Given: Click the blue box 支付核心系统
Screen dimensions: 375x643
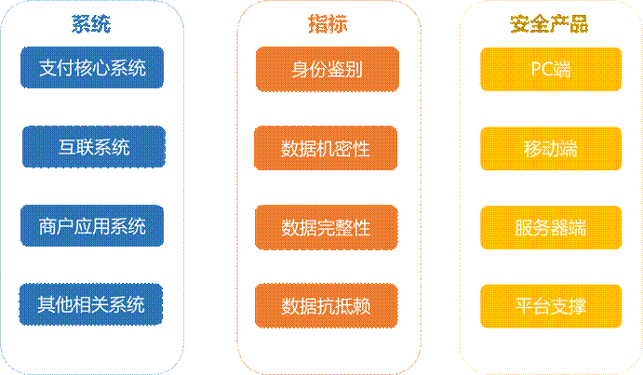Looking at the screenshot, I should point(92,68).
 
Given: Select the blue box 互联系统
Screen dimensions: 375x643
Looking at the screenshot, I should point(92,147).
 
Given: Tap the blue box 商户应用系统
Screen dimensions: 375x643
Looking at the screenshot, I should point(92,226).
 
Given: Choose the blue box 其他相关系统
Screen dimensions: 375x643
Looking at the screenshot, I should point(92,304).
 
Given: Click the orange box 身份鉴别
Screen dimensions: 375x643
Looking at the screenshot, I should point(326,69).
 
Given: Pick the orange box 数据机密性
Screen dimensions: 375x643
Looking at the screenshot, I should point(326,148).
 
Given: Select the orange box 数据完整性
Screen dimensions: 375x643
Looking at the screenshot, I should point(326,227).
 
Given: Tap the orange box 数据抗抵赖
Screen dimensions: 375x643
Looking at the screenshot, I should point(326,305).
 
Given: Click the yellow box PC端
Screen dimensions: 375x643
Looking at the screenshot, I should point(550,69).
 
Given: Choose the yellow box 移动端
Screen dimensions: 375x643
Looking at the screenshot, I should point(550,148).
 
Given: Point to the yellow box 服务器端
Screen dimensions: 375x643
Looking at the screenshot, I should point(550,227).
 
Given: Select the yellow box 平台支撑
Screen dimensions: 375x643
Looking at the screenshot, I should point(550,305).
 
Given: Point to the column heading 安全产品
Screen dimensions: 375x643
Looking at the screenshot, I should point(549,24).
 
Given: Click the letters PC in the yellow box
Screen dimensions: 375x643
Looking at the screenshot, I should point(541,69).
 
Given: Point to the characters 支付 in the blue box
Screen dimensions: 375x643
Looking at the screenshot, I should point(57,68).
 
